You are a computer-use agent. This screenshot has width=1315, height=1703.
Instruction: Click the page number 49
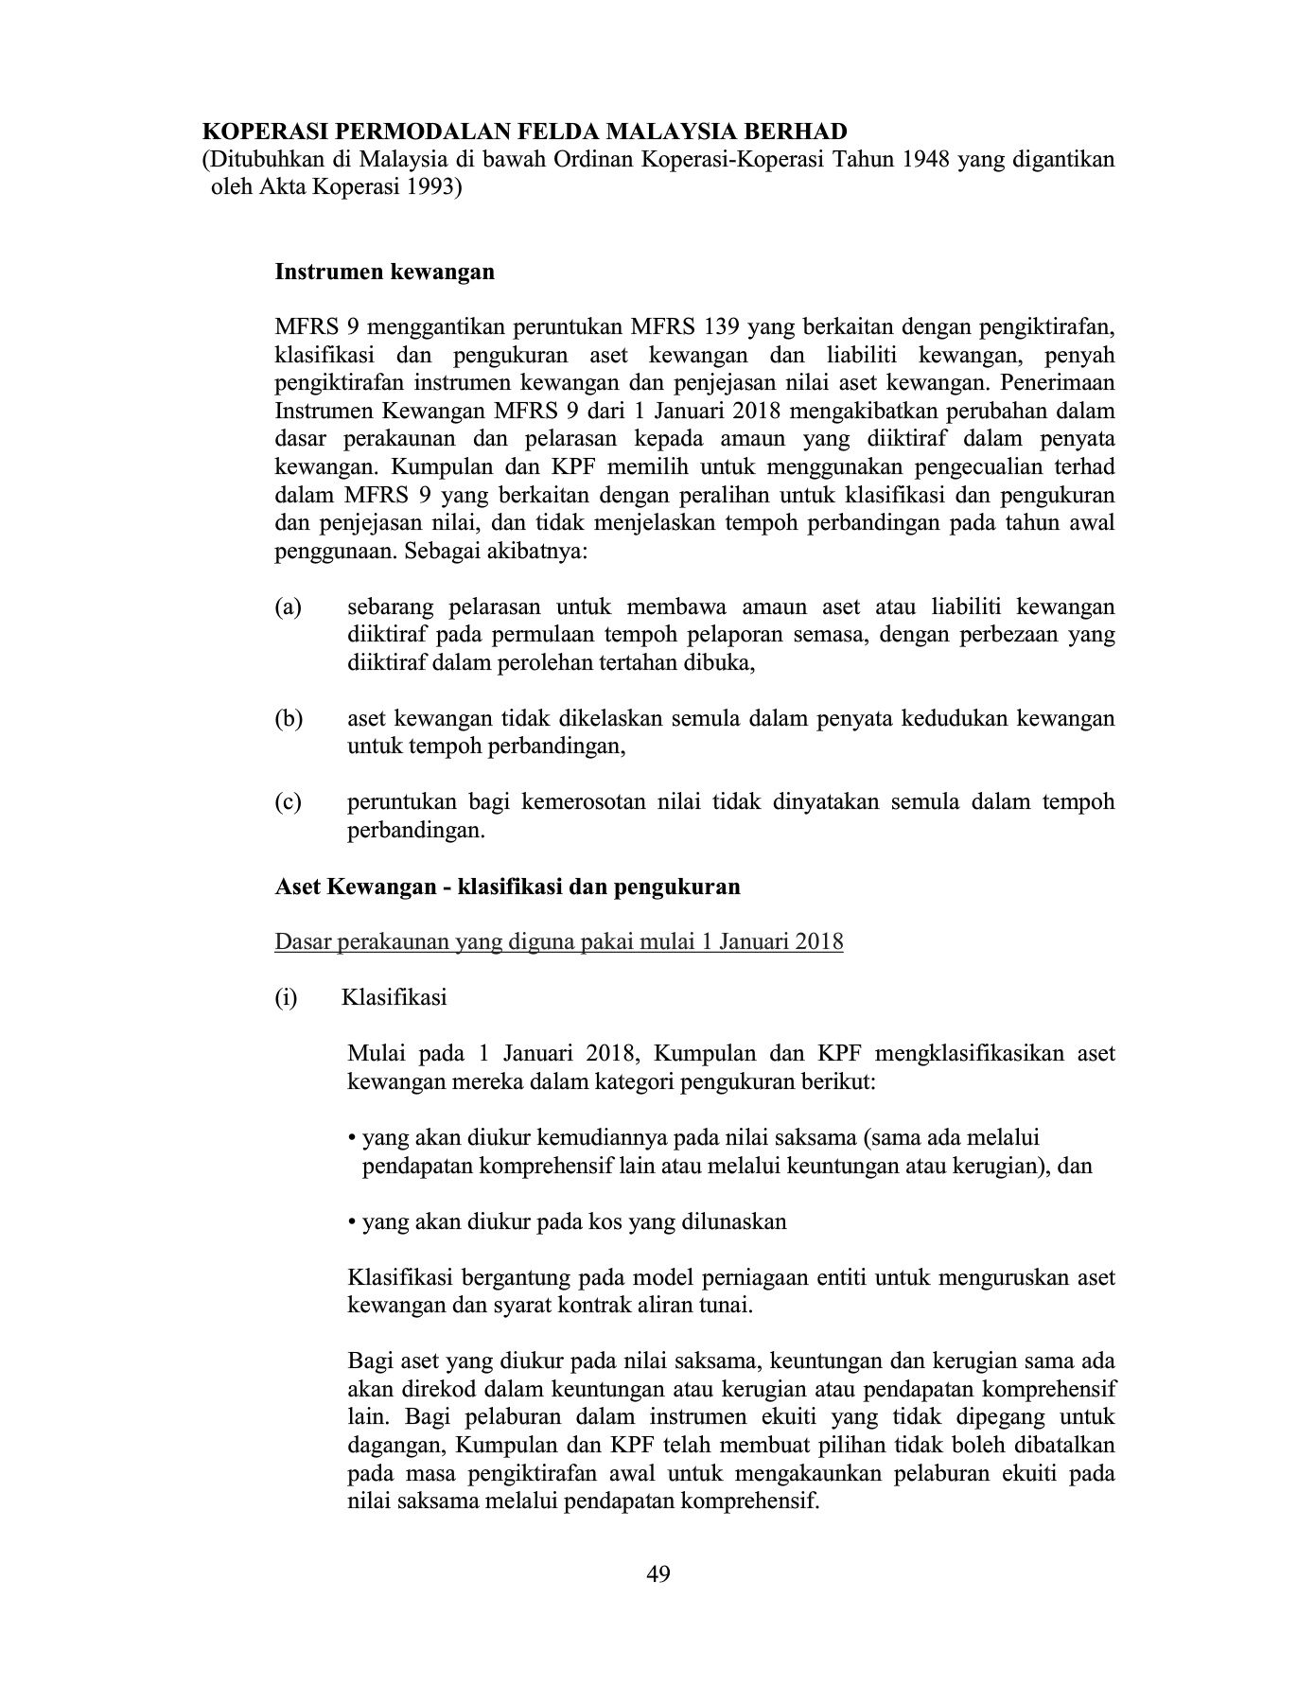pyautogui.click(x=658, y=1574)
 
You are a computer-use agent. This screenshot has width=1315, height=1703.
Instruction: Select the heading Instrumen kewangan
pyautogui.click(x=384, y=272)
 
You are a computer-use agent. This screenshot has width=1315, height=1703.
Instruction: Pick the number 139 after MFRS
pyautogui.click(x=720, y=328)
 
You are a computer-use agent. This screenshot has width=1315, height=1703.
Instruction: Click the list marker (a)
pyautogui.click(x=288, y=606)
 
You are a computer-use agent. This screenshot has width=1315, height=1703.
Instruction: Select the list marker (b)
pyautogui.click(x=289, y=719)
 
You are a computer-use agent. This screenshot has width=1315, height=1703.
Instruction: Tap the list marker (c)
pyautogui.click(x=288, y=803)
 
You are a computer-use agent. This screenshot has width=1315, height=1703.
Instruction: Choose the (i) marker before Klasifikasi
pyautogui.click(x=286, y=998)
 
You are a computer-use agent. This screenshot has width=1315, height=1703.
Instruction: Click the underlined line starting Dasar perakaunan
pyautogui.click(x=558, y=942)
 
